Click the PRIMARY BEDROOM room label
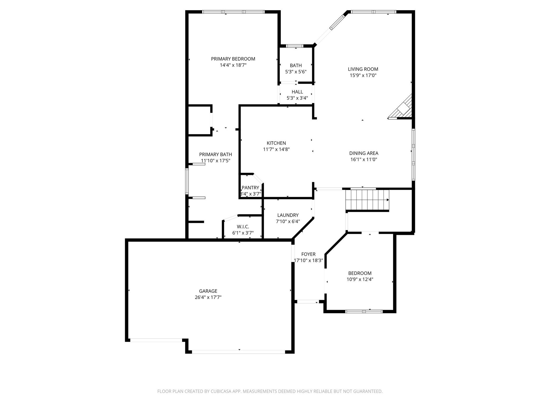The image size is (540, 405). pyautogui.click(x=233, y=59)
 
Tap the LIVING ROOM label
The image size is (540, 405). pyautogui.click(x=363, y=69)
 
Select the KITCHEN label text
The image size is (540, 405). pyautogui.click(x=276, y=143)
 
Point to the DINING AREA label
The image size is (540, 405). pyautogui.click(x=364, y=153)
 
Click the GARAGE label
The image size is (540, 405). pyautogui.click(x=208, y=291)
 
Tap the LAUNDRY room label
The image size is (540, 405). pyautogui.click(x=288, y=215)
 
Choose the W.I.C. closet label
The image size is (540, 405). pyautogui.click(x=243, y=227)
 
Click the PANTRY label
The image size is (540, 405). pyautogui.click(x=250, y=188)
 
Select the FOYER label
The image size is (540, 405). pyautogui.click(x=308, y=254)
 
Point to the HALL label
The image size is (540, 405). pyautogui.click(x=297, y=92)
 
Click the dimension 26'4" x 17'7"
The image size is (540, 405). pyautogui.click(x=208, y=297)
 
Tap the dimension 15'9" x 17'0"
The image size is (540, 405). pyautogui.click(x=363, y=75)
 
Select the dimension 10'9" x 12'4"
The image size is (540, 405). pyautogui.click(x=360, y=279)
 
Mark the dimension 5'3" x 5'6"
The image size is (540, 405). pyautogui.click(x=296, y=72)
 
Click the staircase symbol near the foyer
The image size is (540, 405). pyautogui.click(x=368, y=200)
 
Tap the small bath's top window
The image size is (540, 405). pyautogui.click(x=295, y=46)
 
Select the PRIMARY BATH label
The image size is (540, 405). pyautogui.click(x=215, y=155)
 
